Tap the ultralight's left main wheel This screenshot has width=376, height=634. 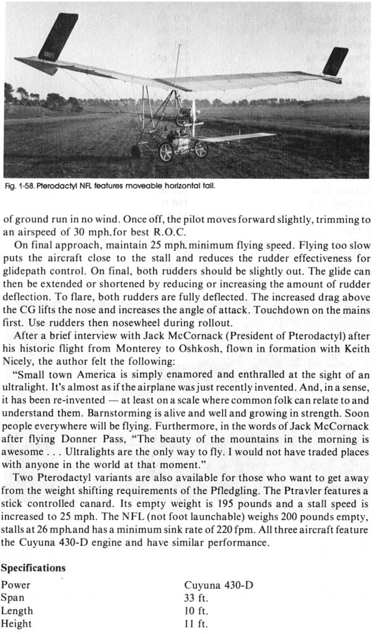pos(166,152)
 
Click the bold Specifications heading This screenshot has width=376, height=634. pos(33,567)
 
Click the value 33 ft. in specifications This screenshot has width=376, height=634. pos(196,597)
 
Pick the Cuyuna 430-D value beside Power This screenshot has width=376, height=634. pos(219,584)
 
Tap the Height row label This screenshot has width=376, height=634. pos(16,623)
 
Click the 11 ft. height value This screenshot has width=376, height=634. pos(196,623)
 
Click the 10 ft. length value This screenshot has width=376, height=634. pos(196,610)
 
